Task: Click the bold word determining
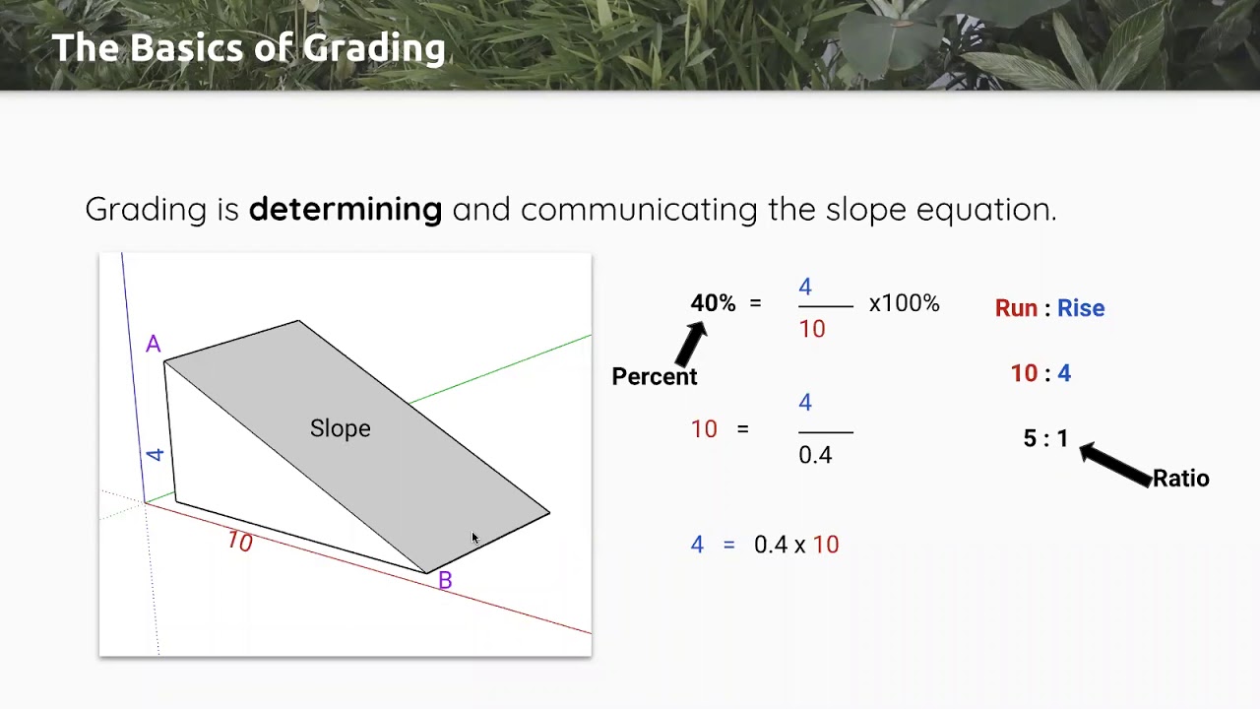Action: pyautogui.click(x=345, y=209)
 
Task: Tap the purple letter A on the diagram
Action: pyautogui.click(x=153, y=345)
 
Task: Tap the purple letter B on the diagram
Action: pyautogui.click(x=445, y=581)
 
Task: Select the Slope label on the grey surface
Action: pyautogui.click(x=340, y=428)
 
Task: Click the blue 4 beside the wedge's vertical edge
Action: pyautogui.click(x=156, y=454)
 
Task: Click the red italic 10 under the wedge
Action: pyautogui.click(x=239, y=542)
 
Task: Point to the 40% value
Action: pyautogui.click(x=713, y=303)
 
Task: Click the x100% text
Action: pyautogui.click(x=904, y=303)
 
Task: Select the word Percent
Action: pyautogui.click(x=654, y=376)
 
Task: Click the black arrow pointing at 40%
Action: pyautogui.click(x=691, y=343)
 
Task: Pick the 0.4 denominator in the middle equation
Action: pyautogui.click(x=815, y=455)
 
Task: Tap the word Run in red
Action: pyautogui.click(x=1016, y=308)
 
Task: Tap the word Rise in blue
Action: pyautogui.click(x=1081, y=308)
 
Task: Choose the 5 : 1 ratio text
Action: pyautogui.click(x=1045, y=438)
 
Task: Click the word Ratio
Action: pyautogui.click(x=1180, y=479)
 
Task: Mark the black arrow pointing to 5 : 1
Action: pyautogui.click(x=1115, y=464)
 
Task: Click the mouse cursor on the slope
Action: pyautogui.click(x=474, y=539)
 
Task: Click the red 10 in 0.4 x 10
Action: pyautogui.click(x=826, y=545)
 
